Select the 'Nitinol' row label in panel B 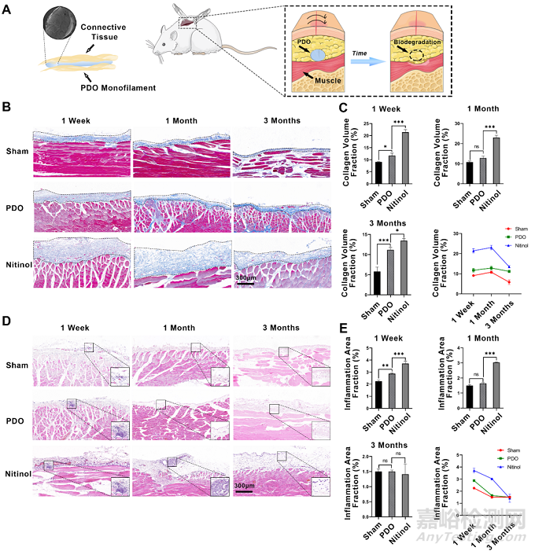[17, 259]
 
